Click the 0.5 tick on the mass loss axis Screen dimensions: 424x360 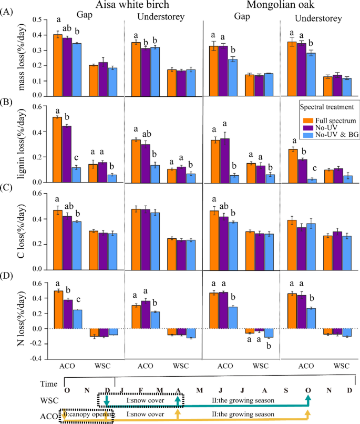pos(36,19)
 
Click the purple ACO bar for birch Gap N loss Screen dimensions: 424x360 pos(67,314)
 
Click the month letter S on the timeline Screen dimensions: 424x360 pos(286,390)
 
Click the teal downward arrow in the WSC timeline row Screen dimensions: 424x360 pos(106,402)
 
